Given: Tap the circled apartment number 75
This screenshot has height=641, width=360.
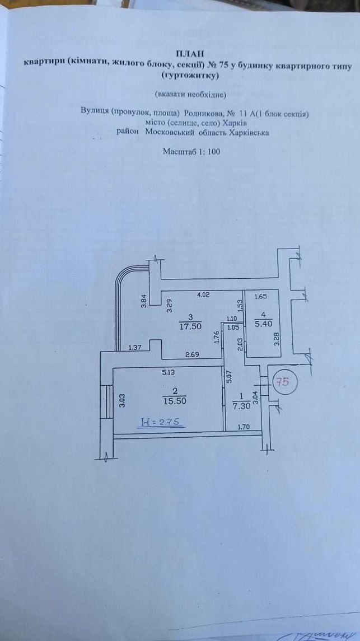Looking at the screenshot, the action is pyautogui.click(x=283, y=382).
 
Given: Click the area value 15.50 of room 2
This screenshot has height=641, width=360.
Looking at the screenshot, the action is pyautogui.click(x=175, y=401).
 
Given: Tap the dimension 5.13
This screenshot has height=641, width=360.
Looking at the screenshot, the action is pyautogui.click(x=166, y=373).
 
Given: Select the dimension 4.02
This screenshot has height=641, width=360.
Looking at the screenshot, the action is pyautogui.click(x=203, y=294).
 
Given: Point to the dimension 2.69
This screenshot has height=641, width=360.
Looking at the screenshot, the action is pyautogui.click(x=191, y=354).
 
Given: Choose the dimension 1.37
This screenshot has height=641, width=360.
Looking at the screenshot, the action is pyautogui.click(x=135, y=348).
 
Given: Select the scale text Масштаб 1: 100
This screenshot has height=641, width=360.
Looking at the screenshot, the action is pyautogui.click(x=191, y=151).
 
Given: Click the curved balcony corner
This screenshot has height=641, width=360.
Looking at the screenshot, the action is pyautogui.click(x=123, y=275).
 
